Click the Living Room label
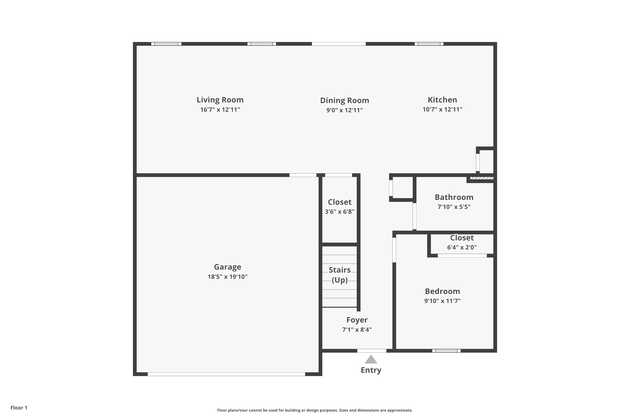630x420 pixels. pyautogui.click(x=220, y=100)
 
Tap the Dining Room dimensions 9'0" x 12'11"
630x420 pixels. pyautogui.click(x=344, y=110)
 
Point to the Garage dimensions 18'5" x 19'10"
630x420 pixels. pyautogui.click(x=227, y=277)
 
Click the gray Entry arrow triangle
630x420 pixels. pyautogui.click(x=371, y=360)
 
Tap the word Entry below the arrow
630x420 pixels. pyautogui.click(x=371, y=370)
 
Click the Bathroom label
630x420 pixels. pyautogui.click(x=454, y=197)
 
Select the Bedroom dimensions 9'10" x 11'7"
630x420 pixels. pyautogui.click(x=442, y=301)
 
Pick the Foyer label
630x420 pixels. pyautogui.click(x=357, y=320)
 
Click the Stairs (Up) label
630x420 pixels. pyautogui.click(x=340, y=275)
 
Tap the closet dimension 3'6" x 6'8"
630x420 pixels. pyautogui.click(x=339, y=212)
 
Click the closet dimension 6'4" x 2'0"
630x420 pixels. pyautogui.click(x=462, y=247)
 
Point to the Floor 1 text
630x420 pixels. pyautogui.click(x=19, y=408)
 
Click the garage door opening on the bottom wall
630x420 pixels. pyautogui.click(x=226, y=374)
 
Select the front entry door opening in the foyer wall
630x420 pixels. pyautogui.click(x=372, y=351)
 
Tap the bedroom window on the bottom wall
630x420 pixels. pyautogui.click(x=446, y=351)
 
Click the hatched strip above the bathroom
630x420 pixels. pyautogui.click(x=482, y=178)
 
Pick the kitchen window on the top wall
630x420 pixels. pyautogui.click(x=429, y=44)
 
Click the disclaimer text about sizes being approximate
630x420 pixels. pyautogui.click(x=315, y=410)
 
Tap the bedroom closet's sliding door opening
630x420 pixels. pyautogui.click(x=462, y=256)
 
